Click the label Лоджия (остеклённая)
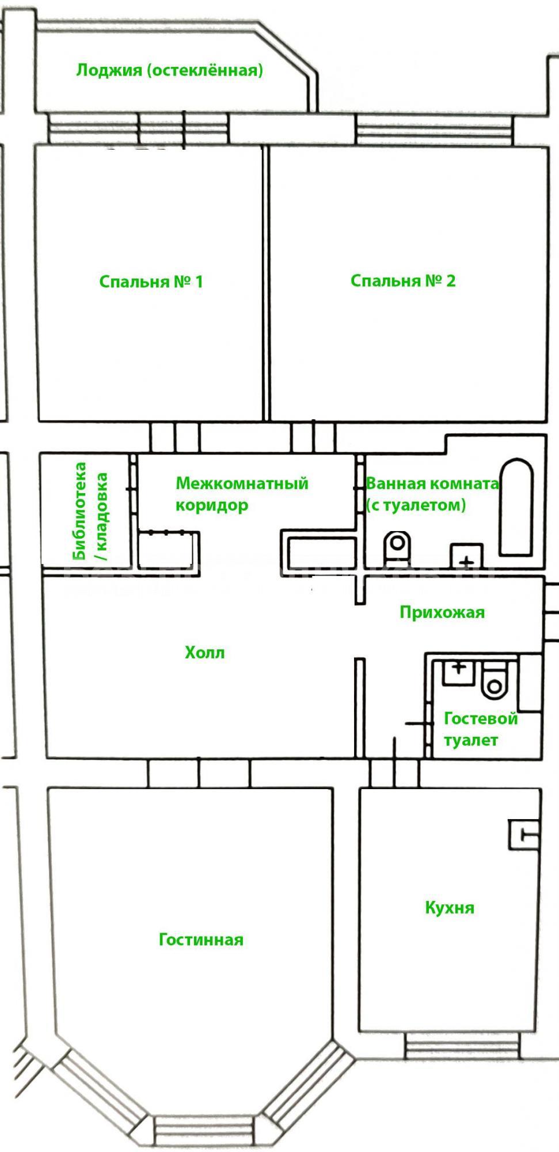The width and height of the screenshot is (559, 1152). tap(170, 70)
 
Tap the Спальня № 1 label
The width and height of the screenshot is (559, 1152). tap(151, 282)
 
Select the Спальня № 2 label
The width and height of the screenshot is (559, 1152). tap(403, 281)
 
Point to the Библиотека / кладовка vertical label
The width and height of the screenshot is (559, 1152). tap(90, 511)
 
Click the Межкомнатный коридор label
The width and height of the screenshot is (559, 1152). tap(242, 494)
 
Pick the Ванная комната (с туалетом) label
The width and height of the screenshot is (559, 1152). tap(432, 494)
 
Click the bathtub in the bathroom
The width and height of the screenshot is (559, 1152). tap(516, 507)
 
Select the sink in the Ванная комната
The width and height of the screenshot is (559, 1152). tap(466, 556)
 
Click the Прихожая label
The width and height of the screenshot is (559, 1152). tap(442, 612)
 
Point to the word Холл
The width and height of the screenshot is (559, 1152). tap(204, 653)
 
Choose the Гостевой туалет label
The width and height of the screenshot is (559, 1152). tap(481, 729)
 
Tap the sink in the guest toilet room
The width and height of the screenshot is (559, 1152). tap(459, 672)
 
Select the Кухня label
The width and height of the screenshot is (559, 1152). tap(450, 908)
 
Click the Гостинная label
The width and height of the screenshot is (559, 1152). tap(201, 939)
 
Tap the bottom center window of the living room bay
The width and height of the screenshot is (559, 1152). tap(204, 1131)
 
